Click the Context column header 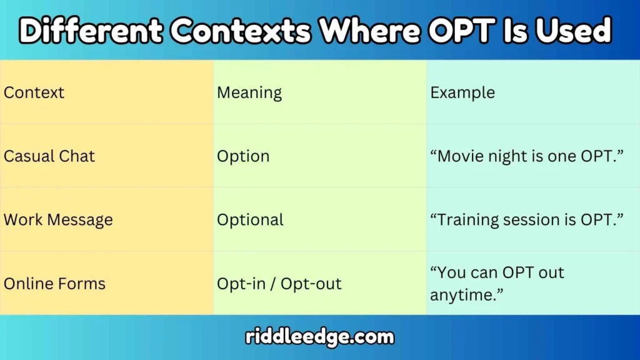[34, 93]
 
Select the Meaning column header [249, 93]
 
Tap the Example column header [462, 93]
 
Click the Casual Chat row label [49, 156]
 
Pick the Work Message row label [58, 220]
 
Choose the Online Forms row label [54, 284]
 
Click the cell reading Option [243, 156]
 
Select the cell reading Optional [250, 220]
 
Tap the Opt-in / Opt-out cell [279, 284]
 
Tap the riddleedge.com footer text [320, 337]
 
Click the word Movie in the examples [461, 156]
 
